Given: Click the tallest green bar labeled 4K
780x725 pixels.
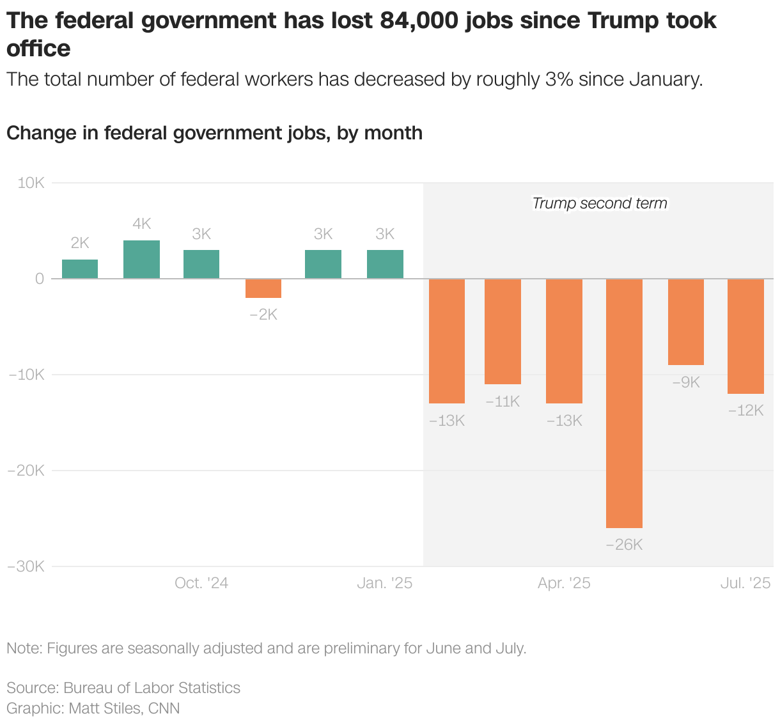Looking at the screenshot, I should tap(141, 260).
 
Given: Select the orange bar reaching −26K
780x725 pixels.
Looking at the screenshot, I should tap(624, 403).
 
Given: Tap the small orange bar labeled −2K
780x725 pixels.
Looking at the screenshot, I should tap(263, 288).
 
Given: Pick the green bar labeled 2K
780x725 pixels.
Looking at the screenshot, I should tap(80, 269).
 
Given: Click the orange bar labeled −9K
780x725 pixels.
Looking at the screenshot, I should tap(686, 322).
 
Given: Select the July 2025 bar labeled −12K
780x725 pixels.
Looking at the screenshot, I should tap(745, 336).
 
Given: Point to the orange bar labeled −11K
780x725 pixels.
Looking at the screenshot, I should tap(503, 331).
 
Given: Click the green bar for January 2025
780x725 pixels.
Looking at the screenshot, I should tap(385, 264).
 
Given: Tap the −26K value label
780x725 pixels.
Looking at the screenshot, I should tap(624, 545).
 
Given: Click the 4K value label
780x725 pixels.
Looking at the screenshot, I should tap(141, 224).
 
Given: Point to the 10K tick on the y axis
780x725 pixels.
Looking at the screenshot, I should tap(31, 183).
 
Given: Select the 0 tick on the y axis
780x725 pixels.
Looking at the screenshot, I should tap(40, 279).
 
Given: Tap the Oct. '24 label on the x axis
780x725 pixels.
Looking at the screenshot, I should tap(201, 583).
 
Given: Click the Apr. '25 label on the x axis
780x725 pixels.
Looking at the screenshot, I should tap(564, 583).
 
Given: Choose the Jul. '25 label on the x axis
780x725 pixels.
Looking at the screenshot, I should tap(745, 583).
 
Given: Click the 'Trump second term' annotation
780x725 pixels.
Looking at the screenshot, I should tap(599, 203).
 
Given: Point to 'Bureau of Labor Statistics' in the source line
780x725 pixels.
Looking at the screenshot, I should tap(152, 688).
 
